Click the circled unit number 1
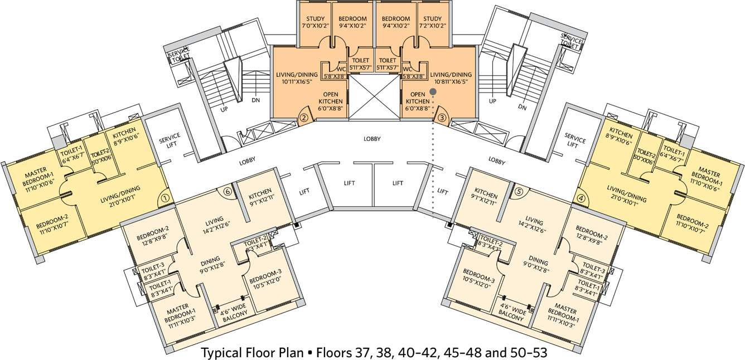(165, 197)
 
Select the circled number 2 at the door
(304, 118)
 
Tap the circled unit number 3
(441, 118)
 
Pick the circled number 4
(581, 197)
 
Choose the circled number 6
(227, 190)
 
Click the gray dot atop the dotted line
(433, 91)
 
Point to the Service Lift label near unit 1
(170, 143)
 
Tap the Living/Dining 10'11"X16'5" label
(297, 78)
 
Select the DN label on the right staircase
(523, 107)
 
